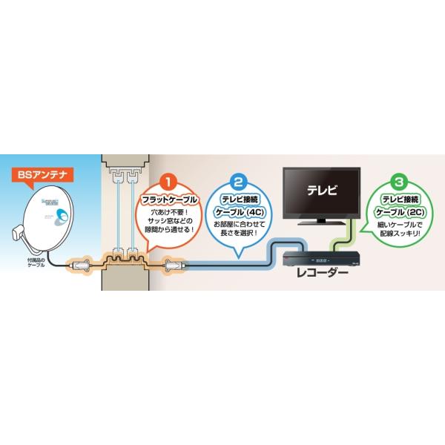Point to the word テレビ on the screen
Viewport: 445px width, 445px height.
pyautogui.click(x=321, y=190)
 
